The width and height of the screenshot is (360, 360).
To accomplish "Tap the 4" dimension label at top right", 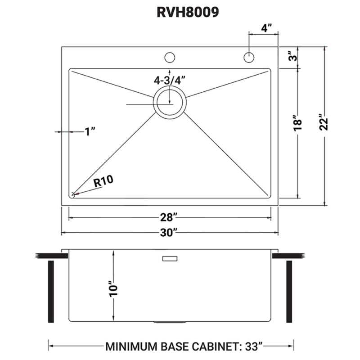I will point(267,28).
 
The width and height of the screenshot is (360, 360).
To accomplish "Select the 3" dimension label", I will point(292,57).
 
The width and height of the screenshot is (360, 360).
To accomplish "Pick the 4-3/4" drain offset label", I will point(170,81).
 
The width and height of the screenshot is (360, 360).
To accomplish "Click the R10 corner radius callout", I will point(103,181).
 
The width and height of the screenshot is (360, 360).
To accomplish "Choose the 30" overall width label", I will point(170,232).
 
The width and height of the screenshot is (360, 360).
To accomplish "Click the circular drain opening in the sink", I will point(170,103).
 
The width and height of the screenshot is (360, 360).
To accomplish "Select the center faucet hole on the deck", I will point(170,58).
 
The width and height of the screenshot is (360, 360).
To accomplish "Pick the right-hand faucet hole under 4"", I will point(249,58).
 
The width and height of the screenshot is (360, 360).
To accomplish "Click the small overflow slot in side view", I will point(170,258).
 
